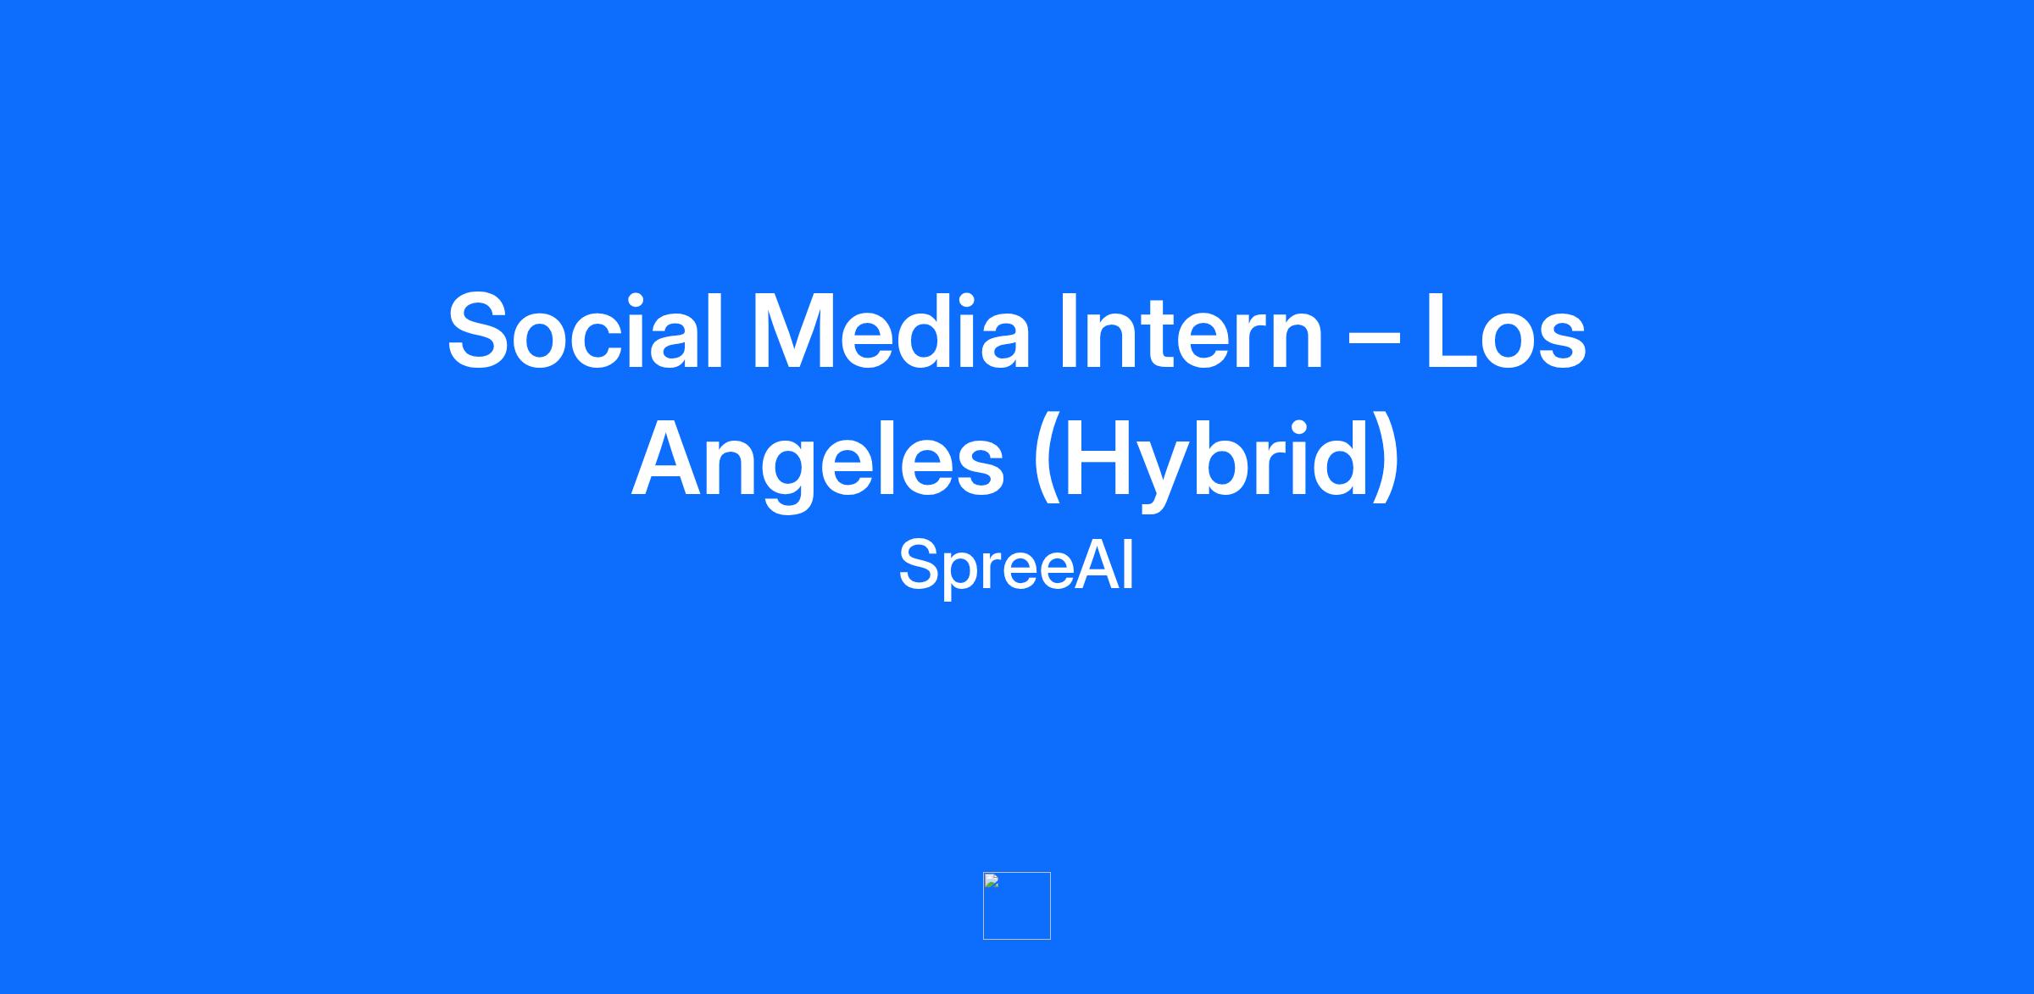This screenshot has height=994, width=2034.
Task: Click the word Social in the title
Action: pyautogui.click(x=586, y=331)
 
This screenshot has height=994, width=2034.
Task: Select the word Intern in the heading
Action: pyautogui.click(x=1192, y=331)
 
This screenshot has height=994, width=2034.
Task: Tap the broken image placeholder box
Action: pyautogui.click(x=1017, y=906)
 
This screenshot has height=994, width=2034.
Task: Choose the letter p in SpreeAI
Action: pyautogui.click(x=964, y=575)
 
